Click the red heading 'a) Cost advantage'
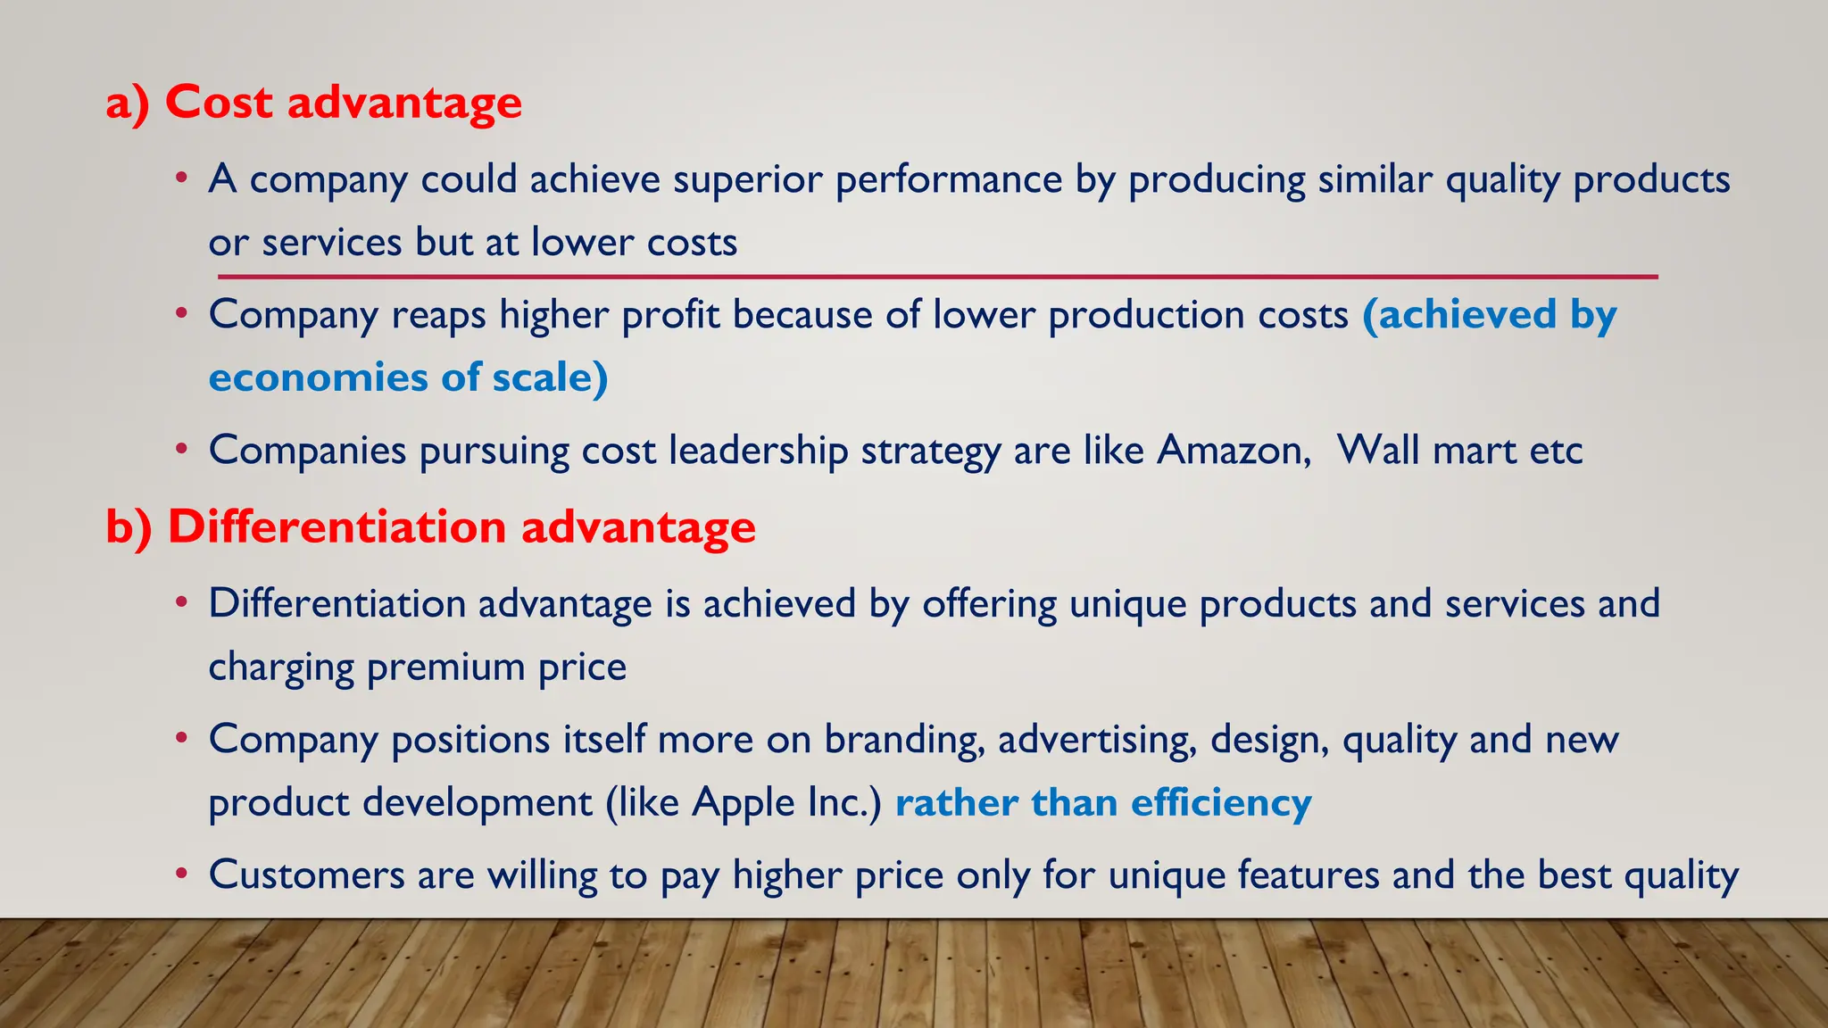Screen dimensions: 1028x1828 click(313, 103)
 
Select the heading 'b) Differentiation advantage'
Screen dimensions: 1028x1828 click(430, 526)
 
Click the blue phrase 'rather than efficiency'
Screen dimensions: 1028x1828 click(1103, 802)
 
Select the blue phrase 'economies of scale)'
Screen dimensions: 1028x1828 click(408, 377)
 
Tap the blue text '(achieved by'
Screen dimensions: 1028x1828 click(1489, 315)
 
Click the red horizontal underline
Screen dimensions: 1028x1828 click(937, 278)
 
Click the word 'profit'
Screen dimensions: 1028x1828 click(670, 315)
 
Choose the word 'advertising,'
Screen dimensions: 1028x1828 click(1097, 740)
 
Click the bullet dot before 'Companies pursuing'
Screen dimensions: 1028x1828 click(181, 449)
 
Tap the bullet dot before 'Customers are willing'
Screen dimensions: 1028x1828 click(181, 874)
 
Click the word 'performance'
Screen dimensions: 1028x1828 click(948, 179)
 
